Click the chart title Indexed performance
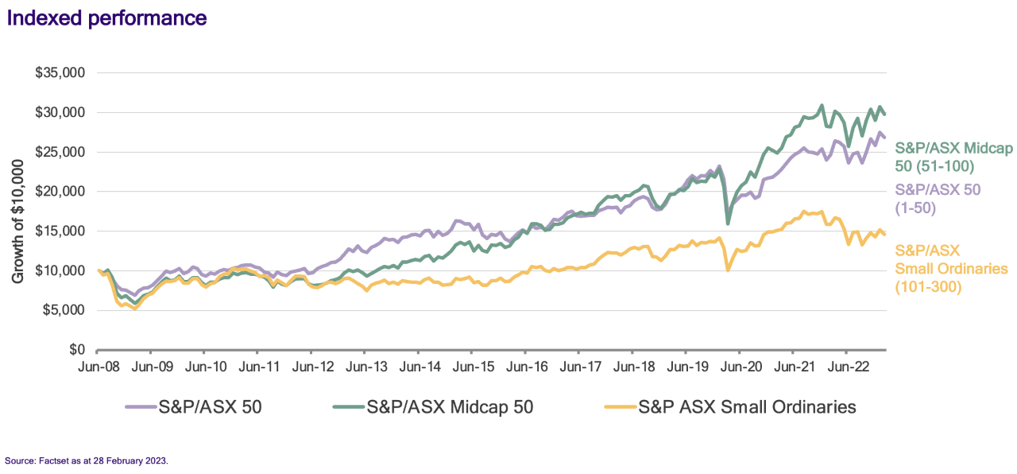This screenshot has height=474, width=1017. (107, 17)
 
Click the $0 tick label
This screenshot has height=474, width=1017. (77, 350)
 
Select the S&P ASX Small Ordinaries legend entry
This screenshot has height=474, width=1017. (730, 407)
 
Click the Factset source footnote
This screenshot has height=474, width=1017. (87, 460)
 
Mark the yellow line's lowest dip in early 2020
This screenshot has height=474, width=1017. (728, 270)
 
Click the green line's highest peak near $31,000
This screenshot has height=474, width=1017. (822, 105)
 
